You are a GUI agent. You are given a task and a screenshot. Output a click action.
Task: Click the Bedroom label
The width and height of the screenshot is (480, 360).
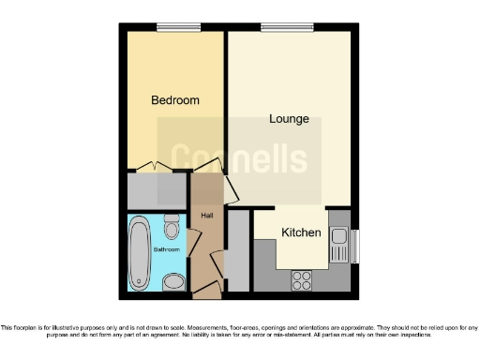(175, 100)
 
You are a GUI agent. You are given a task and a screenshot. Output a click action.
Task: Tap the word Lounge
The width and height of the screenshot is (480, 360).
(289, 119)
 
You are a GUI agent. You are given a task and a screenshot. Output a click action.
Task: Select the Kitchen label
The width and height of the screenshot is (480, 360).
(302, 232)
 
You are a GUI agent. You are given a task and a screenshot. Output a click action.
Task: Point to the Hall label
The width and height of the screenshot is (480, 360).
(207, 216)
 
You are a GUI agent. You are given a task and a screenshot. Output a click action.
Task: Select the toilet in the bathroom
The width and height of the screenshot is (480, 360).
(172, 228)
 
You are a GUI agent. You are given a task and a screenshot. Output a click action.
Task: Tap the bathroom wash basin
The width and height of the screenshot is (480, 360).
(173, 282)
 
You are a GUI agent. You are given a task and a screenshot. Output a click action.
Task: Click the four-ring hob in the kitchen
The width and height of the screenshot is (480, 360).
(302, 278)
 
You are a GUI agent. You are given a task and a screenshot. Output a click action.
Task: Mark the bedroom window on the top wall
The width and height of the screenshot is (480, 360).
(172, 28)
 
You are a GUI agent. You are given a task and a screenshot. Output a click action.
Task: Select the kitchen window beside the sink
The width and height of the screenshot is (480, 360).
(355, 247)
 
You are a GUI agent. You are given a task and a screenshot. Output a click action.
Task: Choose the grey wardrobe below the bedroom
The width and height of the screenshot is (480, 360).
(157, 191)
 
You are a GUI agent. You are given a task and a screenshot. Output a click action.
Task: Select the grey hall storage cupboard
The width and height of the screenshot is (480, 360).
(238, 250)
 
